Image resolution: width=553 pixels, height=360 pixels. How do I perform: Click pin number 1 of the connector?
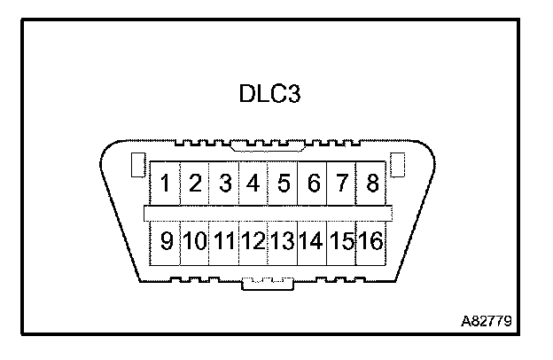[166, 184]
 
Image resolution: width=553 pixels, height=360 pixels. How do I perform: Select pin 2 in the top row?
[196, 184]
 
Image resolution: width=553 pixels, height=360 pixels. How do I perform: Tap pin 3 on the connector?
[225, 184]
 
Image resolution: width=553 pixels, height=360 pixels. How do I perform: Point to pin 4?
[254, 184]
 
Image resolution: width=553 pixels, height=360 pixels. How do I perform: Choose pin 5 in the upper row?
[284, 184]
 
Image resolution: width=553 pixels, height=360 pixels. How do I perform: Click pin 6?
[313, 184]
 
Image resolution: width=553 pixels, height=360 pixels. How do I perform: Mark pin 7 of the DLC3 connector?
[342, 184]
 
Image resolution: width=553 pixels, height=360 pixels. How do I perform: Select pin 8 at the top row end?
[372, 184]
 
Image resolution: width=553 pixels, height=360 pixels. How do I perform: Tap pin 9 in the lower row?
[166, 240]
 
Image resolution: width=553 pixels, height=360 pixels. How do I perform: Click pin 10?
[195, 240]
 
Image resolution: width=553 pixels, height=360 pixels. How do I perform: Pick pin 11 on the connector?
[224, 240]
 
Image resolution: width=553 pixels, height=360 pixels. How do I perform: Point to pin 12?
[253, 240]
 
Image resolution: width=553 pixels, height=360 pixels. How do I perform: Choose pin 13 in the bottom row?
[283, 240]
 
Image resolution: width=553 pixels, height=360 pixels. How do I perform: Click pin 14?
[312, 240]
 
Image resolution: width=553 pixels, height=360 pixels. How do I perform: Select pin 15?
[341, 240]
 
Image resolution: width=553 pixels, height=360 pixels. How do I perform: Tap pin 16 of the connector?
[370, 240]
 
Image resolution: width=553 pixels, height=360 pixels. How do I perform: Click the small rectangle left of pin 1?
[137, 165]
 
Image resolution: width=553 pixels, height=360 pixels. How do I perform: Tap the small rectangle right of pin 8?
[398, 164]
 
